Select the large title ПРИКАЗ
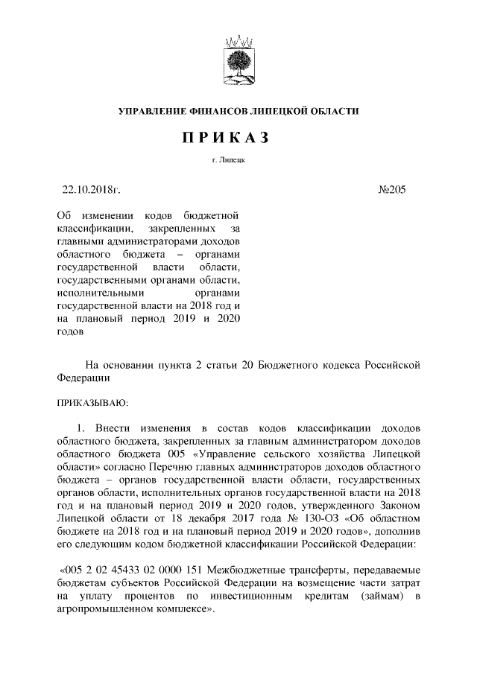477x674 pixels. (x=238, y=138)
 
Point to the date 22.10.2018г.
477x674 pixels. (x=91, y=191)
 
